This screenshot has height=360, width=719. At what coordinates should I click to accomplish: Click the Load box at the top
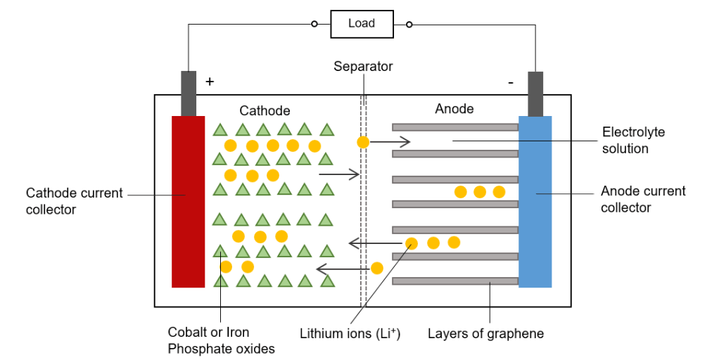361,24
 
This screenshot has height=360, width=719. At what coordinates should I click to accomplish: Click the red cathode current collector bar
188,201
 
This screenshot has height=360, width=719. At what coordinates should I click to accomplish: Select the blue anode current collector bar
535,201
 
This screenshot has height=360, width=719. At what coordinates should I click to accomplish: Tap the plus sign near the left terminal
209,82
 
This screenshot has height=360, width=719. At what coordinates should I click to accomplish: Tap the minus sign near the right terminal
511,82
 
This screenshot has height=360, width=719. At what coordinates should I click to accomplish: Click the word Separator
363,67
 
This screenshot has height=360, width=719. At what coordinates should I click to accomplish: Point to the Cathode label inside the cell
265,110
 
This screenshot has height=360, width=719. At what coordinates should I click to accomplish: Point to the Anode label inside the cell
454,109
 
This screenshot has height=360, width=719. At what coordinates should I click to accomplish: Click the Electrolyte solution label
633,140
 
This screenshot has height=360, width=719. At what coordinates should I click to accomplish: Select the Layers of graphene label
485,333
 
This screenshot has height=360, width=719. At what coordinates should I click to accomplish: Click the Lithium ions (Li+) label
350,333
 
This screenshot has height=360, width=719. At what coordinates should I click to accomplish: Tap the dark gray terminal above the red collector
189,93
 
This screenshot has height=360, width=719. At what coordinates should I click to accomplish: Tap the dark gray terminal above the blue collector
535,93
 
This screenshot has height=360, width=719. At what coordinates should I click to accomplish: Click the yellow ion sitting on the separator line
363,142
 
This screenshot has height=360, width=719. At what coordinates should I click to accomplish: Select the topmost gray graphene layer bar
454,127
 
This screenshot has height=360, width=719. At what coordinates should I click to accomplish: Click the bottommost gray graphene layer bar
454,281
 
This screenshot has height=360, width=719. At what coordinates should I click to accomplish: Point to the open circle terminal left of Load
314,25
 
